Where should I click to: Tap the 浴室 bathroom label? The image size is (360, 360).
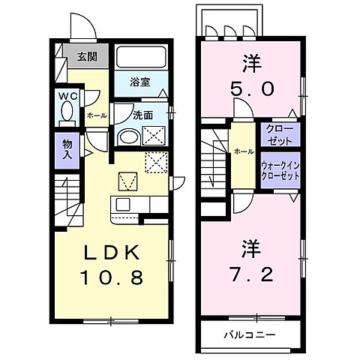coord(139,83)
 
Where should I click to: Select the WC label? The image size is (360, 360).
coord(65,96)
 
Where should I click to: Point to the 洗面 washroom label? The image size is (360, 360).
coord(142,115)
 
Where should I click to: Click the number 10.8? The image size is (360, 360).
coord(112,278)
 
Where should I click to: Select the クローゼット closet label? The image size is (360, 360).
coord(280,136)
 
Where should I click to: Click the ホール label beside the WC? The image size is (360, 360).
coord(96,115)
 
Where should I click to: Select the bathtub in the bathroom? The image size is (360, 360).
coord(141,58)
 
